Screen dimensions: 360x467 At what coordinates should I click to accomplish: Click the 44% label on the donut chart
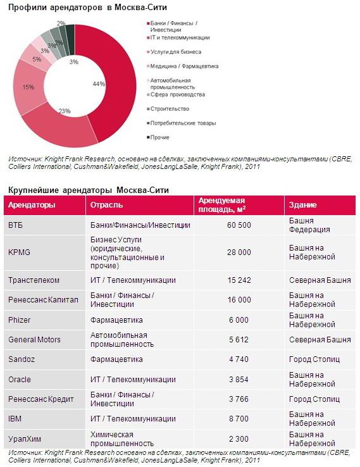(x=99, y=84)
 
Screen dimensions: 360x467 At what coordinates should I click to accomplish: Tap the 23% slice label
(x=65, y=111)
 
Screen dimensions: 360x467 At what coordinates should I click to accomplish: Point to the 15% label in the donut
(x=28, y=87)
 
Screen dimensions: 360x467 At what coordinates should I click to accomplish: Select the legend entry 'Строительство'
(x=170, y=109)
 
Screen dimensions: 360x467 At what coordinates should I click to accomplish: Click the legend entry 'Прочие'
(x=159, y=137)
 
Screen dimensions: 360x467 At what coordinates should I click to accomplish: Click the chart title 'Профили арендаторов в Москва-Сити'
(x=87, y=8)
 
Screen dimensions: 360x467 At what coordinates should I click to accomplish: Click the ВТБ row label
(x=15, y=225)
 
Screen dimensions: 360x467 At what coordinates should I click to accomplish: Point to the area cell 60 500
(x=239, y=225)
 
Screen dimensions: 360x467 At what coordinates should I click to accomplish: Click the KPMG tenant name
(x=20, y=252)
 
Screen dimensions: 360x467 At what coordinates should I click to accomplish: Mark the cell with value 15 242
(x=239, y=280)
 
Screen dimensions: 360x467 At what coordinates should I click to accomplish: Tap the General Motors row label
(x=34, y=340)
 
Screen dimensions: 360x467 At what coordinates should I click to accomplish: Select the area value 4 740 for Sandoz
(x=239, y=359)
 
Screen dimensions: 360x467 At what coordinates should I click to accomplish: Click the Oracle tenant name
(x=20, y=380)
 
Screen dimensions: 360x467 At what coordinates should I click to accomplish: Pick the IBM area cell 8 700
(x=239, y=419)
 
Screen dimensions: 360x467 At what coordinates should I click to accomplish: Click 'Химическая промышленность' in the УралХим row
(x=122, y=439)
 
